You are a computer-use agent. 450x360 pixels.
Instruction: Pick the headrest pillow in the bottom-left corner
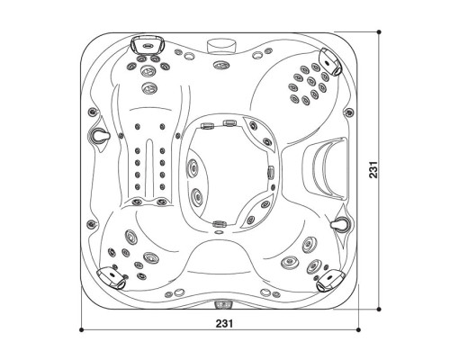[x=110, y=276]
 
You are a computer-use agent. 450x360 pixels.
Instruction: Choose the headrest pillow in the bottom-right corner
[x=329, y=280]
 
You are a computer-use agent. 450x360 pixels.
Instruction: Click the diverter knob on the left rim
[x=100, y=133]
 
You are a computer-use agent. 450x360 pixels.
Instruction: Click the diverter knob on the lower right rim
[x=342, y=220]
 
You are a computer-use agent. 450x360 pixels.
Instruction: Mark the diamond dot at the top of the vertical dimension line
[x=380, y=32]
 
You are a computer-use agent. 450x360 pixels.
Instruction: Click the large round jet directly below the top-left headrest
[x=148, y=87]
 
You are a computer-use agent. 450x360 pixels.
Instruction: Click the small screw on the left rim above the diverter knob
[x=91, y=109]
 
